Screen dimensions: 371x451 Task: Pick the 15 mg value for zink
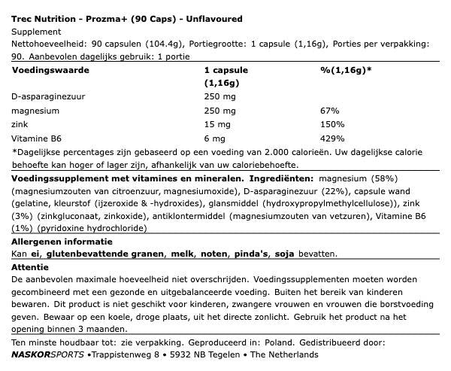[x=218, y=123]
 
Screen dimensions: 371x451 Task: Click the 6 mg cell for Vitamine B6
[x=216, y=138]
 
